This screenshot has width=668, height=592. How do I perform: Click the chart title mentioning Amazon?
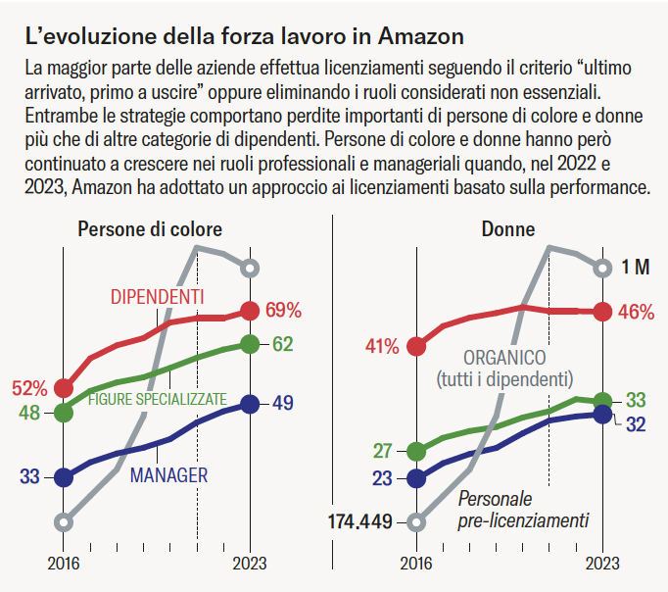click(x=245, y=37)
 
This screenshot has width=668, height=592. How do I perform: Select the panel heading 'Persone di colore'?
click(x=150, y=229)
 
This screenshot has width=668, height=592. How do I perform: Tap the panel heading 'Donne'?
click(x=508, y=229)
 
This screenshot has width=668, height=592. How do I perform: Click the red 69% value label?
click(x=283, y=311)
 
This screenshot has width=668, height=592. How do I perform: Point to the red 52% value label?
click(x=29, y=388)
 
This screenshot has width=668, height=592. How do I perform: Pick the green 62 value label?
click(x=283, y=344)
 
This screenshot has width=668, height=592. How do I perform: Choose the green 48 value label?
click(x=29, y=413)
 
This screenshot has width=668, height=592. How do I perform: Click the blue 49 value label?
click(x=283, y=403)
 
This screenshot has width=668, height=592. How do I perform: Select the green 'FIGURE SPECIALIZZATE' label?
click(x=158, y=399)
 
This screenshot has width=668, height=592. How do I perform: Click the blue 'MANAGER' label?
click(x=169, y=475)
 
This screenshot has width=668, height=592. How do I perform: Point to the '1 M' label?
click(x=636, y=268)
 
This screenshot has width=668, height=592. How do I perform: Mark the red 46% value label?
click(x=637, y=312)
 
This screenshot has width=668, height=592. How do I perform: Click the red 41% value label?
click(x=382, y=346)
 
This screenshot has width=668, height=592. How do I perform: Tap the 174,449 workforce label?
click(x=358, y=521)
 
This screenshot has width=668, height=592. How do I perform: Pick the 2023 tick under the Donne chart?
click(x=602, y=564)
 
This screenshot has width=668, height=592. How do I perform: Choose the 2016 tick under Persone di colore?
click(x=64, y=564)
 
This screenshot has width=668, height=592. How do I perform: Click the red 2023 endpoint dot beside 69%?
click(x=250, y=311)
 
